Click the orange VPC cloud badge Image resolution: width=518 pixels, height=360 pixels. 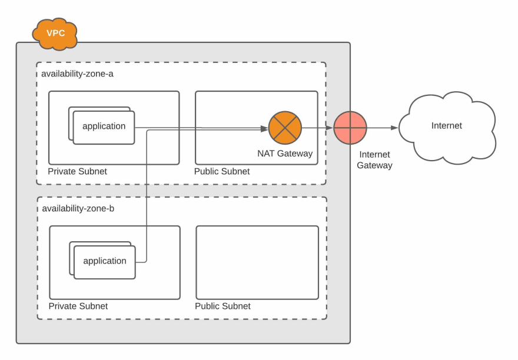tap(55, 34)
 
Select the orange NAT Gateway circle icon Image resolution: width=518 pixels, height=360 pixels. tap(285, 128)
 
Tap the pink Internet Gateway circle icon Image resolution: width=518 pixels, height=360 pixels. tap(350, 128)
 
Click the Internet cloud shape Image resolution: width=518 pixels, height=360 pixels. tap(447, 128)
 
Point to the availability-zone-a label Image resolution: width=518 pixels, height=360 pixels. tap(77, 74)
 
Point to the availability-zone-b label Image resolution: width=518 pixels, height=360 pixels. tap(78, 208)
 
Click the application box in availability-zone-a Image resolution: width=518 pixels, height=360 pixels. tap(104, 128)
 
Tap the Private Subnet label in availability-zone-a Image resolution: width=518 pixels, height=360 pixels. tap(77, 171)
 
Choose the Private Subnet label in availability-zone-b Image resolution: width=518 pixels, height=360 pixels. tap(78, 306)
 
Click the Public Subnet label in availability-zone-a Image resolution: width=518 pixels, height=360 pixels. tap(222, 171)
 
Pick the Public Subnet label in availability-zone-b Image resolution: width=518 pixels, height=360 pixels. tap(223, 306)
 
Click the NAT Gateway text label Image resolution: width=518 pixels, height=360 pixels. tap(285, 154)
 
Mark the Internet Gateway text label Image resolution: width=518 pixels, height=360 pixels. tap(374, 160)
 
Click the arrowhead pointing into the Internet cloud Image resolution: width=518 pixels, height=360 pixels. tap(394, 128)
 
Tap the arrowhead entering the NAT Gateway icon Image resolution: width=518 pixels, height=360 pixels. tap(264, 128)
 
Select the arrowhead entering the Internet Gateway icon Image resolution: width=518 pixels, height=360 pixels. tap(330, 128)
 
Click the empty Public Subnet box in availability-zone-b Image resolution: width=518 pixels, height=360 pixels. tap(257, 262)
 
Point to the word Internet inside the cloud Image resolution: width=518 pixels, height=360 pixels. tap(447, 125)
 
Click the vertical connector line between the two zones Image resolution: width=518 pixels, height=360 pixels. tap(147, 196)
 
